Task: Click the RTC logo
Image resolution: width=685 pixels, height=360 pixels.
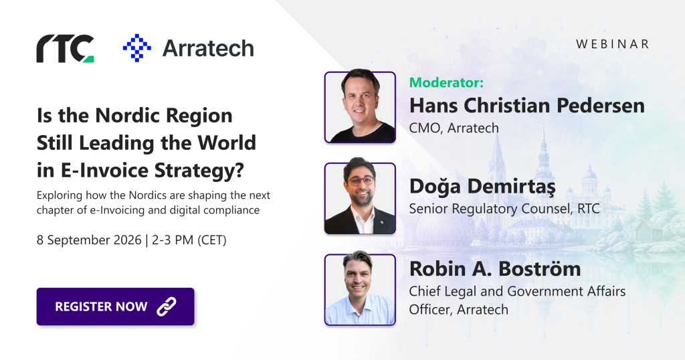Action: [65, 48]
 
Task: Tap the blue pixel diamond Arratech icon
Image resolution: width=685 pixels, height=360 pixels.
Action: [137, 48]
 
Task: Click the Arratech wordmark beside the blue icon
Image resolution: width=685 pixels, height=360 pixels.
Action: [208, 48]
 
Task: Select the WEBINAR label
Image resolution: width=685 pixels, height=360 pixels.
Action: [613, 44]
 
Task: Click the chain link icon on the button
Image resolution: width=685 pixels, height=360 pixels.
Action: [167, 306]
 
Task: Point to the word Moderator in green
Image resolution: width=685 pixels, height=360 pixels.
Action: [446, 82]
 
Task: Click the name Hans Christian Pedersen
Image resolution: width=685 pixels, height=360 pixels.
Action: [527, 105]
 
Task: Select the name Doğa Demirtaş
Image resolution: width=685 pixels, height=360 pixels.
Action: [482, 186]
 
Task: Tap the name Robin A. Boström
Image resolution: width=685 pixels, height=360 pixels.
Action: [495, 268]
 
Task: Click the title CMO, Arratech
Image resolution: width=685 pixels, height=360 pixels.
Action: [454, 128]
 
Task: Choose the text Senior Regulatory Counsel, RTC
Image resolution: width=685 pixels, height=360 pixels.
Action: [504, 209]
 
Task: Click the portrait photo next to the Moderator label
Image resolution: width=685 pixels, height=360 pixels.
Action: [360, 107]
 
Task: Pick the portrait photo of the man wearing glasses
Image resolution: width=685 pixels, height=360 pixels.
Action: [360, 198]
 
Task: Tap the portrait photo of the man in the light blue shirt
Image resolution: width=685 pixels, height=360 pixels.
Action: [360, 290]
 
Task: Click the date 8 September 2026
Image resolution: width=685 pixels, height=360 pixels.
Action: [89, 240]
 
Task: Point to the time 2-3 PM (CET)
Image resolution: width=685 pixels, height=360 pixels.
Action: [189, 240]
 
